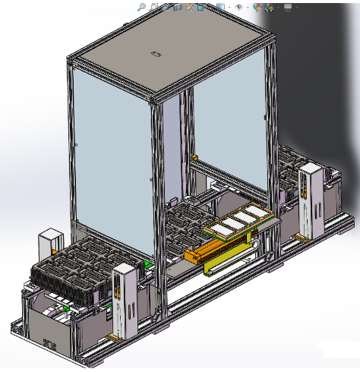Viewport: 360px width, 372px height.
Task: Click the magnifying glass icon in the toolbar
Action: coord(142,6)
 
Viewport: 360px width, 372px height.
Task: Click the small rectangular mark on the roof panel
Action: coord(156,54)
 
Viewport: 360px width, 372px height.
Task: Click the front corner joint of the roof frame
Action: coord(157,100)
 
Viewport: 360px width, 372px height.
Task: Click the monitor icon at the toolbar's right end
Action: coord(287,7)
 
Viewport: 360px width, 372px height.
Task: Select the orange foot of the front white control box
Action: coord(114,335)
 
